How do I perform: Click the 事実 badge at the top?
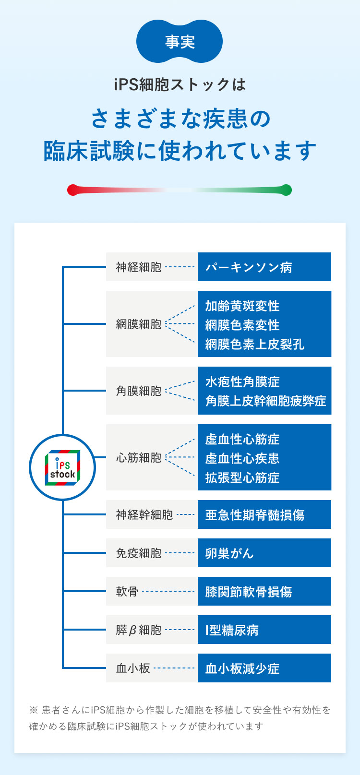180,42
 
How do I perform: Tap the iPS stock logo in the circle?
62,467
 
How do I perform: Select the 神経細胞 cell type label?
139,267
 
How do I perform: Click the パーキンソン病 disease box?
264,267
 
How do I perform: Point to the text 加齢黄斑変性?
242,306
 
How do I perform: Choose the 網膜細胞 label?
139,324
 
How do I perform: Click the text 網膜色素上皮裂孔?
255,344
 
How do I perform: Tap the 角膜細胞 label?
139,391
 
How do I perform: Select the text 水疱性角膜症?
242,382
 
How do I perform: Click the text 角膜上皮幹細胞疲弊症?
265,401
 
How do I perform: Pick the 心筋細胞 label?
139,458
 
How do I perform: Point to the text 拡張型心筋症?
242,477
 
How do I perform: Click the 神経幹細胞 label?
144,515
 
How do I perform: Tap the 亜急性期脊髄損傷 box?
264,515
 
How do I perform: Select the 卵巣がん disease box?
264,553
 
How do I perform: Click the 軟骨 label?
127,592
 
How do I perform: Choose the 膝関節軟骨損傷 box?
264,592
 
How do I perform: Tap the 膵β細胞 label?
139,630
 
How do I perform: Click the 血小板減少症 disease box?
264,668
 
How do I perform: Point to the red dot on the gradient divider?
72,190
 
